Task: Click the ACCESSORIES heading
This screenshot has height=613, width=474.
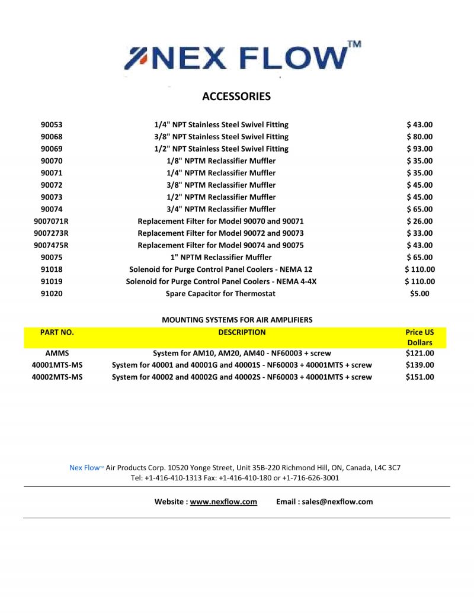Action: coord(236,97)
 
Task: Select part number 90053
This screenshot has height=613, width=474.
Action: coord(52,125)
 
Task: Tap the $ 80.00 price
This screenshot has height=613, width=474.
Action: coord(419,137)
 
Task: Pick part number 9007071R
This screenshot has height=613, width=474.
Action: coord(52,221)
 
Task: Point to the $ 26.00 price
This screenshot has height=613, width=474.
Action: coord(419,221)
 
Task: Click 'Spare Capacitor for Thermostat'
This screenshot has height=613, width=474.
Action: coord(220,293)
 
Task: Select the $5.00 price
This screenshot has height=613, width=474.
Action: coord(419,293)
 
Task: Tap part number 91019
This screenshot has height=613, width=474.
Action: coord(52,281)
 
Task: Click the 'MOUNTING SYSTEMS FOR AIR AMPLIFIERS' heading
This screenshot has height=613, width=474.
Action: coord(237,320)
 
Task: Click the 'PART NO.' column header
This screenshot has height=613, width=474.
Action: coord(57,332)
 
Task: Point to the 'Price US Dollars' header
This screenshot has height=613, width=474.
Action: coord(419,337)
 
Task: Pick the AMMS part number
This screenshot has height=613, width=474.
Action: coord(57,353)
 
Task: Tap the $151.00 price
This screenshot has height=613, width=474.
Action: coord(419,377)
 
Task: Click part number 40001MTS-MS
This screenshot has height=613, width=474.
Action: coord(57,365)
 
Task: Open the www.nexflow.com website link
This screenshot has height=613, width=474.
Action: coord(223,502)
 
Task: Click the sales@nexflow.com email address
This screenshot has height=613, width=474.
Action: coord(337,502)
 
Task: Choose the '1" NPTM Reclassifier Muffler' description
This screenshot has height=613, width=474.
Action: coord(221,257)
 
